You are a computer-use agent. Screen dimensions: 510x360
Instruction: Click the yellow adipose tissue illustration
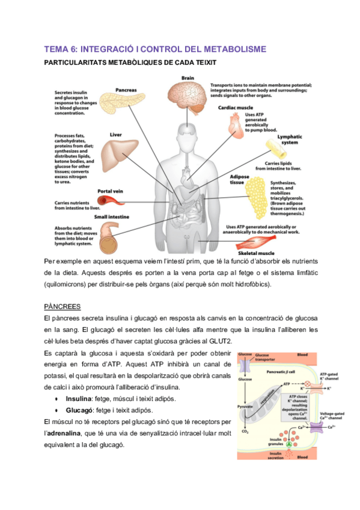tap(256, 195)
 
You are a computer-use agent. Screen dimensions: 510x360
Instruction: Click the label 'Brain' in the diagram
tap(188, 78)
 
